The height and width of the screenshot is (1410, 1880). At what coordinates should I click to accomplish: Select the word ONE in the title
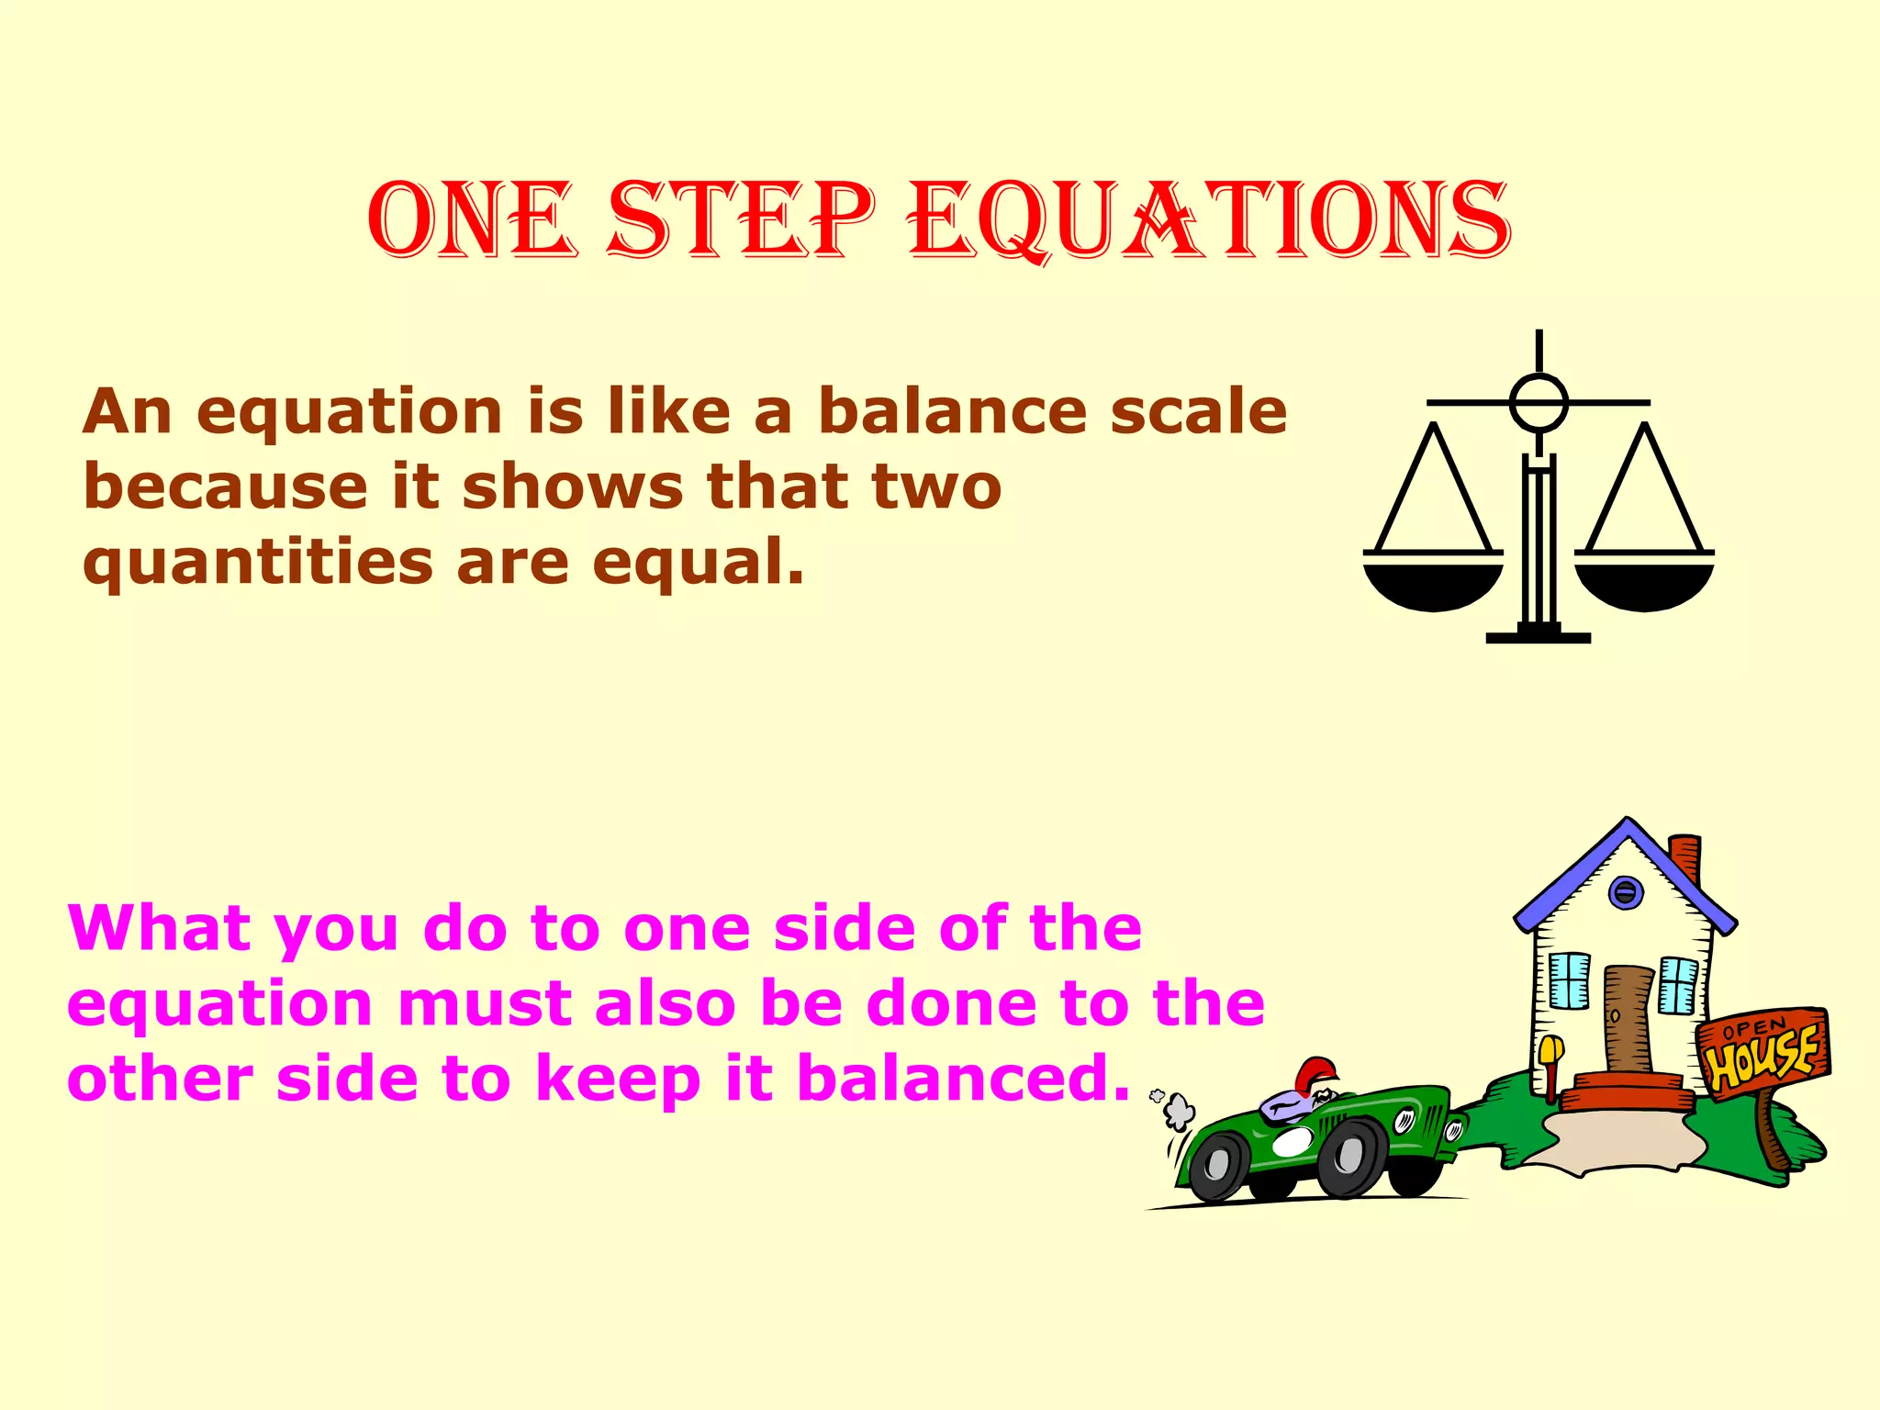(x=472, y=220)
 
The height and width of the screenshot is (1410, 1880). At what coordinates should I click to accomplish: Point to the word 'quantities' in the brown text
(x=257, y=563)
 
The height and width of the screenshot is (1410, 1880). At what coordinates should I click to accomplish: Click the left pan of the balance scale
(x=1432, y=584)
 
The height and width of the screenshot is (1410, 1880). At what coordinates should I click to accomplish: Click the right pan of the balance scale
(x=1644, y=584)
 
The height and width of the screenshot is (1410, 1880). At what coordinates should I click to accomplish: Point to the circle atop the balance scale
(x=1539, y=403)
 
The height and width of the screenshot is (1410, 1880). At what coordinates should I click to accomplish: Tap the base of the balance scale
(x=1539, y=636)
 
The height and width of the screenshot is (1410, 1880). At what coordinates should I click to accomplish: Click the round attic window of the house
(x=1625, y=891)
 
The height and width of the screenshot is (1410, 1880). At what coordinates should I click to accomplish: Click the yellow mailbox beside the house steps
(x=1551, y=1049)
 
